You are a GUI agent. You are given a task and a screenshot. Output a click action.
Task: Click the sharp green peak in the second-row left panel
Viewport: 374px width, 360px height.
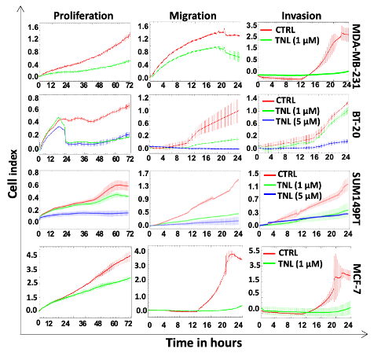[x=59, y=118]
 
